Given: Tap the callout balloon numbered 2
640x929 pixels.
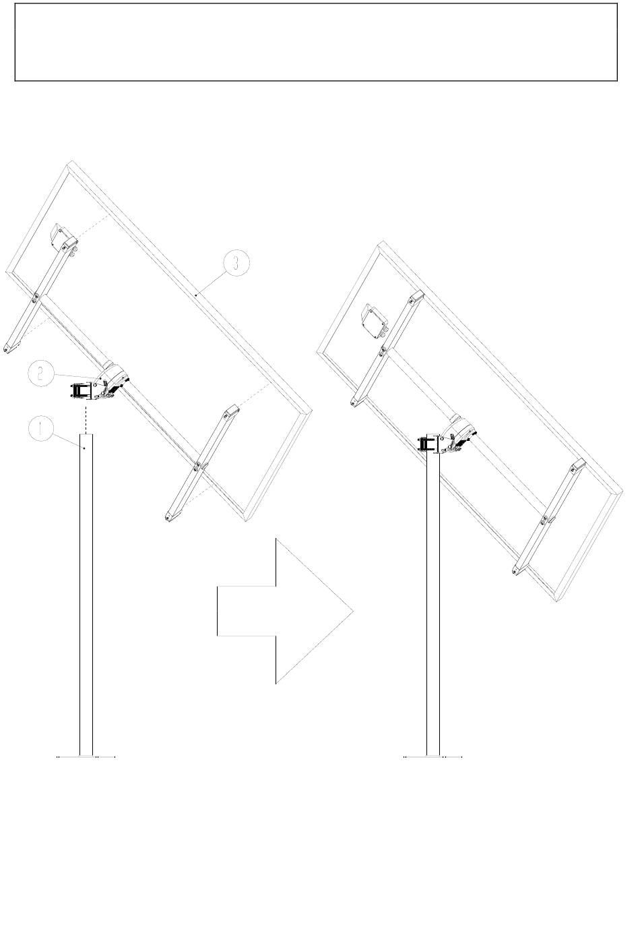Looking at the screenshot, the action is pyautogui.click(x=42, y=373).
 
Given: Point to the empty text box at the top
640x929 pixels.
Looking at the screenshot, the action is pyautogui.click(x=316, y=42).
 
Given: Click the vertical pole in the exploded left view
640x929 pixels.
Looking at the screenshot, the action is pyautogui.click(x=86, y=593).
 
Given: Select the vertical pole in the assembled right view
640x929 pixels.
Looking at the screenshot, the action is pyautogui.click(x=433, y=600).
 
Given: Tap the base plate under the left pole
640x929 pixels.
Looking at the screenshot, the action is pyautogui.click(x=86, y=757).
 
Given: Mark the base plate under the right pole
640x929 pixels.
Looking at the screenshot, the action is pyautogui.click(x=433, y=757).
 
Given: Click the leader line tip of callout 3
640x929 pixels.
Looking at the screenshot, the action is pyautogui.click(x=196, y=295).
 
